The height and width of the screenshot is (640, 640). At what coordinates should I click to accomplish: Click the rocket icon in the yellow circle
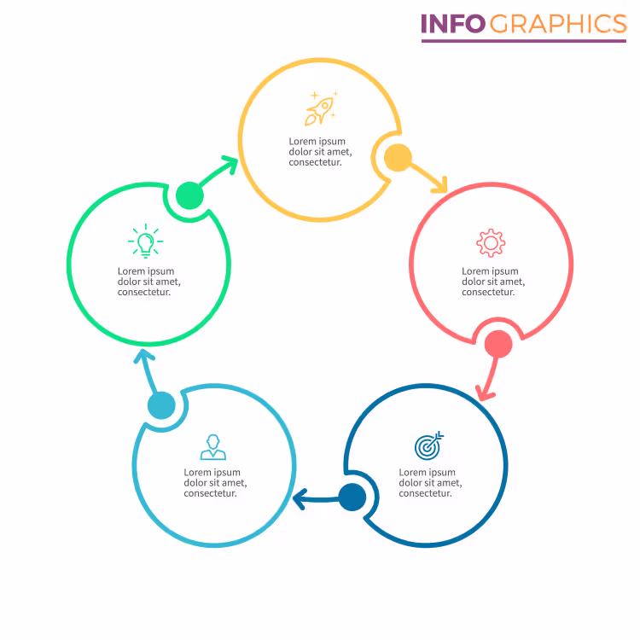tap(321, 108)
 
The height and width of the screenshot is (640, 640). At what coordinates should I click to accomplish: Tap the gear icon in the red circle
tap(491, 243)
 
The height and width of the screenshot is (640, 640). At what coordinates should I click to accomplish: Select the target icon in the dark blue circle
tap(428, 445)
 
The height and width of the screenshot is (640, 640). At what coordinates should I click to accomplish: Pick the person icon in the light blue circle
tap(213, 447)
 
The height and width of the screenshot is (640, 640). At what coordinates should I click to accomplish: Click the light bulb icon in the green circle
tap(146, 241)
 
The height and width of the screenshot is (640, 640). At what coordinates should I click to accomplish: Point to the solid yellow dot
tap(398, 158)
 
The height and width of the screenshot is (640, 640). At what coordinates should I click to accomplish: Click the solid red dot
tap(498, 344)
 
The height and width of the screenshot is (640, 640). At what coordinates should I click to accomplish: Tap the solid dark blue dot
tap(352, 497)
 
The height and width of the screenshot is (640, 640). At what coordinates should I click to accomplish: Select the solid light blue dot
tap(161, 405)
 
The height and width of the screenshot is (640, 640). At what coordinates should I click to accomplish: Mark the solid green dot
tap(189, 195)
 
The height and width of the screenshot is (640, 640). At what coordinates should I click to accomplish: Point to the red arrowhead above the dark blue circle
tap(485, 393)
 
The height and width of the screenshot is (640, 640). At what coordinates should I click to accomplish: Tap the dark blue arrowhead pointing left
tap(300, 499)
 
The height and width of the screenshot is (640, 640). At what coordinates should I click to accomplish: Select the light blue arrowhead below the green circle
tap(143, 356)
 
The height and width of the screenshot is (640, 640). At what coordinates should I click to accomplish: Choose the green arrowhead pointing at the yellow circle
tap(230, 164)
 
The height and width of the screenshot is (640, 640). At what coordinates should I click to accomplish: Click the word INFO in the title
tap(453, 24)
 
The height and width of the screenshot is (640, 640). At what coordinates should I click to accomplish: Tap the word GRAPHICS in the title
tap(558, 24)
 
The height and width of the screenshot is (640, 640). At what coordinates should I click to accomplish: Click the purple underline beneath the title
tap(524, 41)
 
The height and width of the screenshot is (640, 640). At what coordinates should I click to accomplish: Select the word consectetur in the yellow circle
tap(315, 162)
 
